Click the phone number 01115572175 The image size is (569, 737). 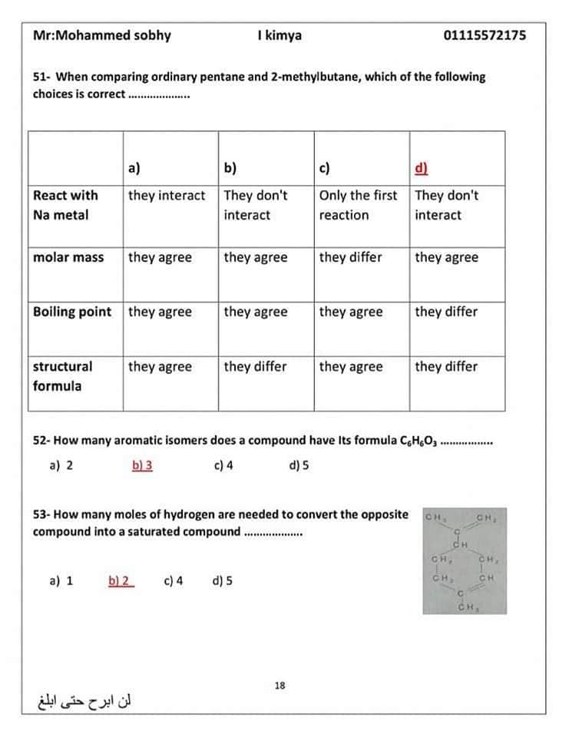pyautogui.click(x=485, y=35)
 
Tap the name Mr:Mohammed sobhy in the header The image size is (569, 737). pyautogui.click(x=102, y=35)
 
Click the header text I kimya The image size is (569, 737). pyautogui.click(x=280, y=35)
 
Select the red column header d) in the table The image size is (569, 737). pyautogui.click(x=421, y=168)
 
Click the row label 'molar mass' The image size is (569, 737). pyautogui.click(x=68, y=257)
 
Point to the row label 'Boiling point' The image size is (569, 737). pyautogui.click(x=72, y=312)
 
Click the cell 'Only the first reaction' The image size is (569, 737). pyautogui.click(x=358, y=205)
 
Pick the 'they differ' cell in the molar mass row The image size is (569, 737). pyautogui.click(x=350, y=257)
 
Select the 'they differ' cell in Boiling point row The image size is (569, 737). pyautogui.click(x=446, y=312)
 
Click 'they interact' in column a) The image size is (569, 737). pyautogui.click(x=167, y=196)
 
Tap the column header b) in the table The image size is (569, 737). pyautogui.click(x=230, y=168)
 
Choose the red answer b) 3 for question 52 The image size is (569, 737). pyautogui.click(x=142, y=465)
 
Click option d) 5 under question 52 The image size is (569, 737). pyautogui.click(x=299, y=465)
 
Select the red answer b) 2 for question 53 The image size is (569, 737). pyautogui.click(x=121, y=581)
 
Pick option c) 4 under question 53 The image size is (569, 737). pyautogui.click(x=173, y=581)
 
